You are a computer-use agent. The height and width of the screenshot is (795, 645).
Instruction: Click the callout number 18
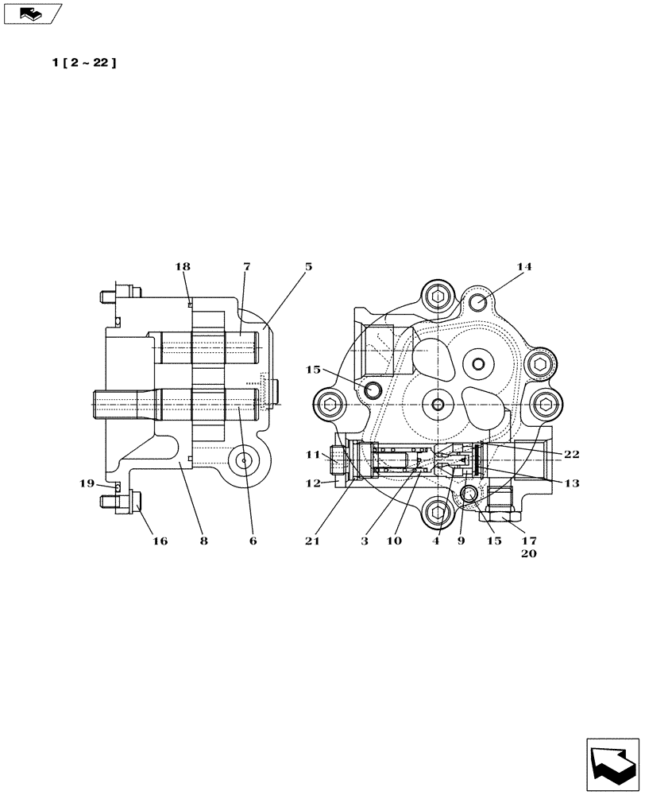tap(183, 267)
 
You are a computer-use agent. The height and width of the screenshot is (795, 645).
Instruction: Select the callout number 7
tap(247, 267)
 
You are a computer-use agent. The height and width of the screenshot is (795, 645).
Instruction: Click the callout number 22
tap(571, 455)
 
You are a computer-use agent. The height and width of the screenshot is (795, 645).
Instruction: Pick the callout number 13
tap(571, 483)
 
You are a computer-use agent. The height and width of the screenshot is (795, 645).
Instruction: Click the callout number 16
tap(160, 541)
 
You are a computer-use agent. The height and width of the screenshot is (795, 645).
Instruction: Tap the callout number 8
tap(204, 541)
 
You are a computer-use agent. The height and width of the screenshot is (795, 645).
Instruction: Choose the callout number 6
tap(253, 541)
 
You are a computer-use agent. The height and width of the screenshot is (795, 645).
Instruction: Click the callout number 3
tap(364, 541)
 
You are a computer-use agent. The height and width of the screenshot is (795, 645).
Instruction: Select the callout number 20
tap(529, 555)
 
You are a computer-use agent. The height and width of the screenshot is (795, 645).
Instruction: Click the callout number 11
tap(311, 455)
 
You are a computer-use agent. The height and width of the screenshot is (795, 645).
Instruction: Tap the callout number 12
tap(311, 483)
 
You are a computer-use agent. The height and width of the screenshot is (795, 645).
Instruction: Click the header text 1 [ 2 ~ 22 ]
tap(84, 63)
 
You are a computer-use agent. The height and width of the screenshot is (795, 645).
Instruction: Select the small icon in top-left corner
tap(32, 12)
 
